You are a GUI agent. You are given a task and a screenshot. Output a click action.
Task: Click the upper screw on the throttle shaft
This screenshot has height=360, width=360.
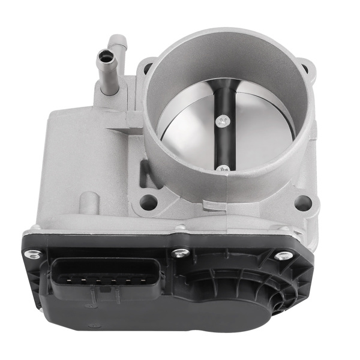pos(224,122)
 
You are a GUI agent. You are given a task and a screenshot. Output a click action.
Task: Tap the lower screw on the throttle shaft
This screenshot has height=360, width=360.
pos(223,169)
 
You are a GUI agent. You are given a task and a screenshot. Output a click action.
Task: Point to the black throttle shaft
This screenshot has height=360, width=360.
pos(223,144)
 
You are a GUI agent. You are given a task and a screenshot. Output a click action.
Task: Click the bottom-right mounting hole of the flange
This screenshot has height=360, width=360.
pos(303,203)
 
